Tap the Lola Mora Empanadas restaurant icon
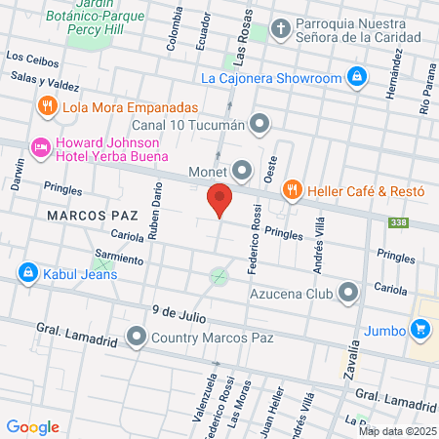coord(47,107)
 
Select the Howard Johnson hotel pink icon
coord(40,147)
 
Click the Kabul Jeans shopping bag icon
coord(26,273)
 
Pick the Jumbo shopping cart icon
coord(420,330)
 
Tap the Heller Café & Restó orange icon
coord(291,190)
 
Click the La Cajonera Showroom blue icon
coord(357,76)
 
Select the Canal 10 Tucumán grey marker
coord(259,123)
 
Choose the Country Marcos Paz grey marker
coord(137,339)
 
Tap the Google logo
coord(33,426)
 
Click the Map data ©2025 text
coord(398,431)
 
